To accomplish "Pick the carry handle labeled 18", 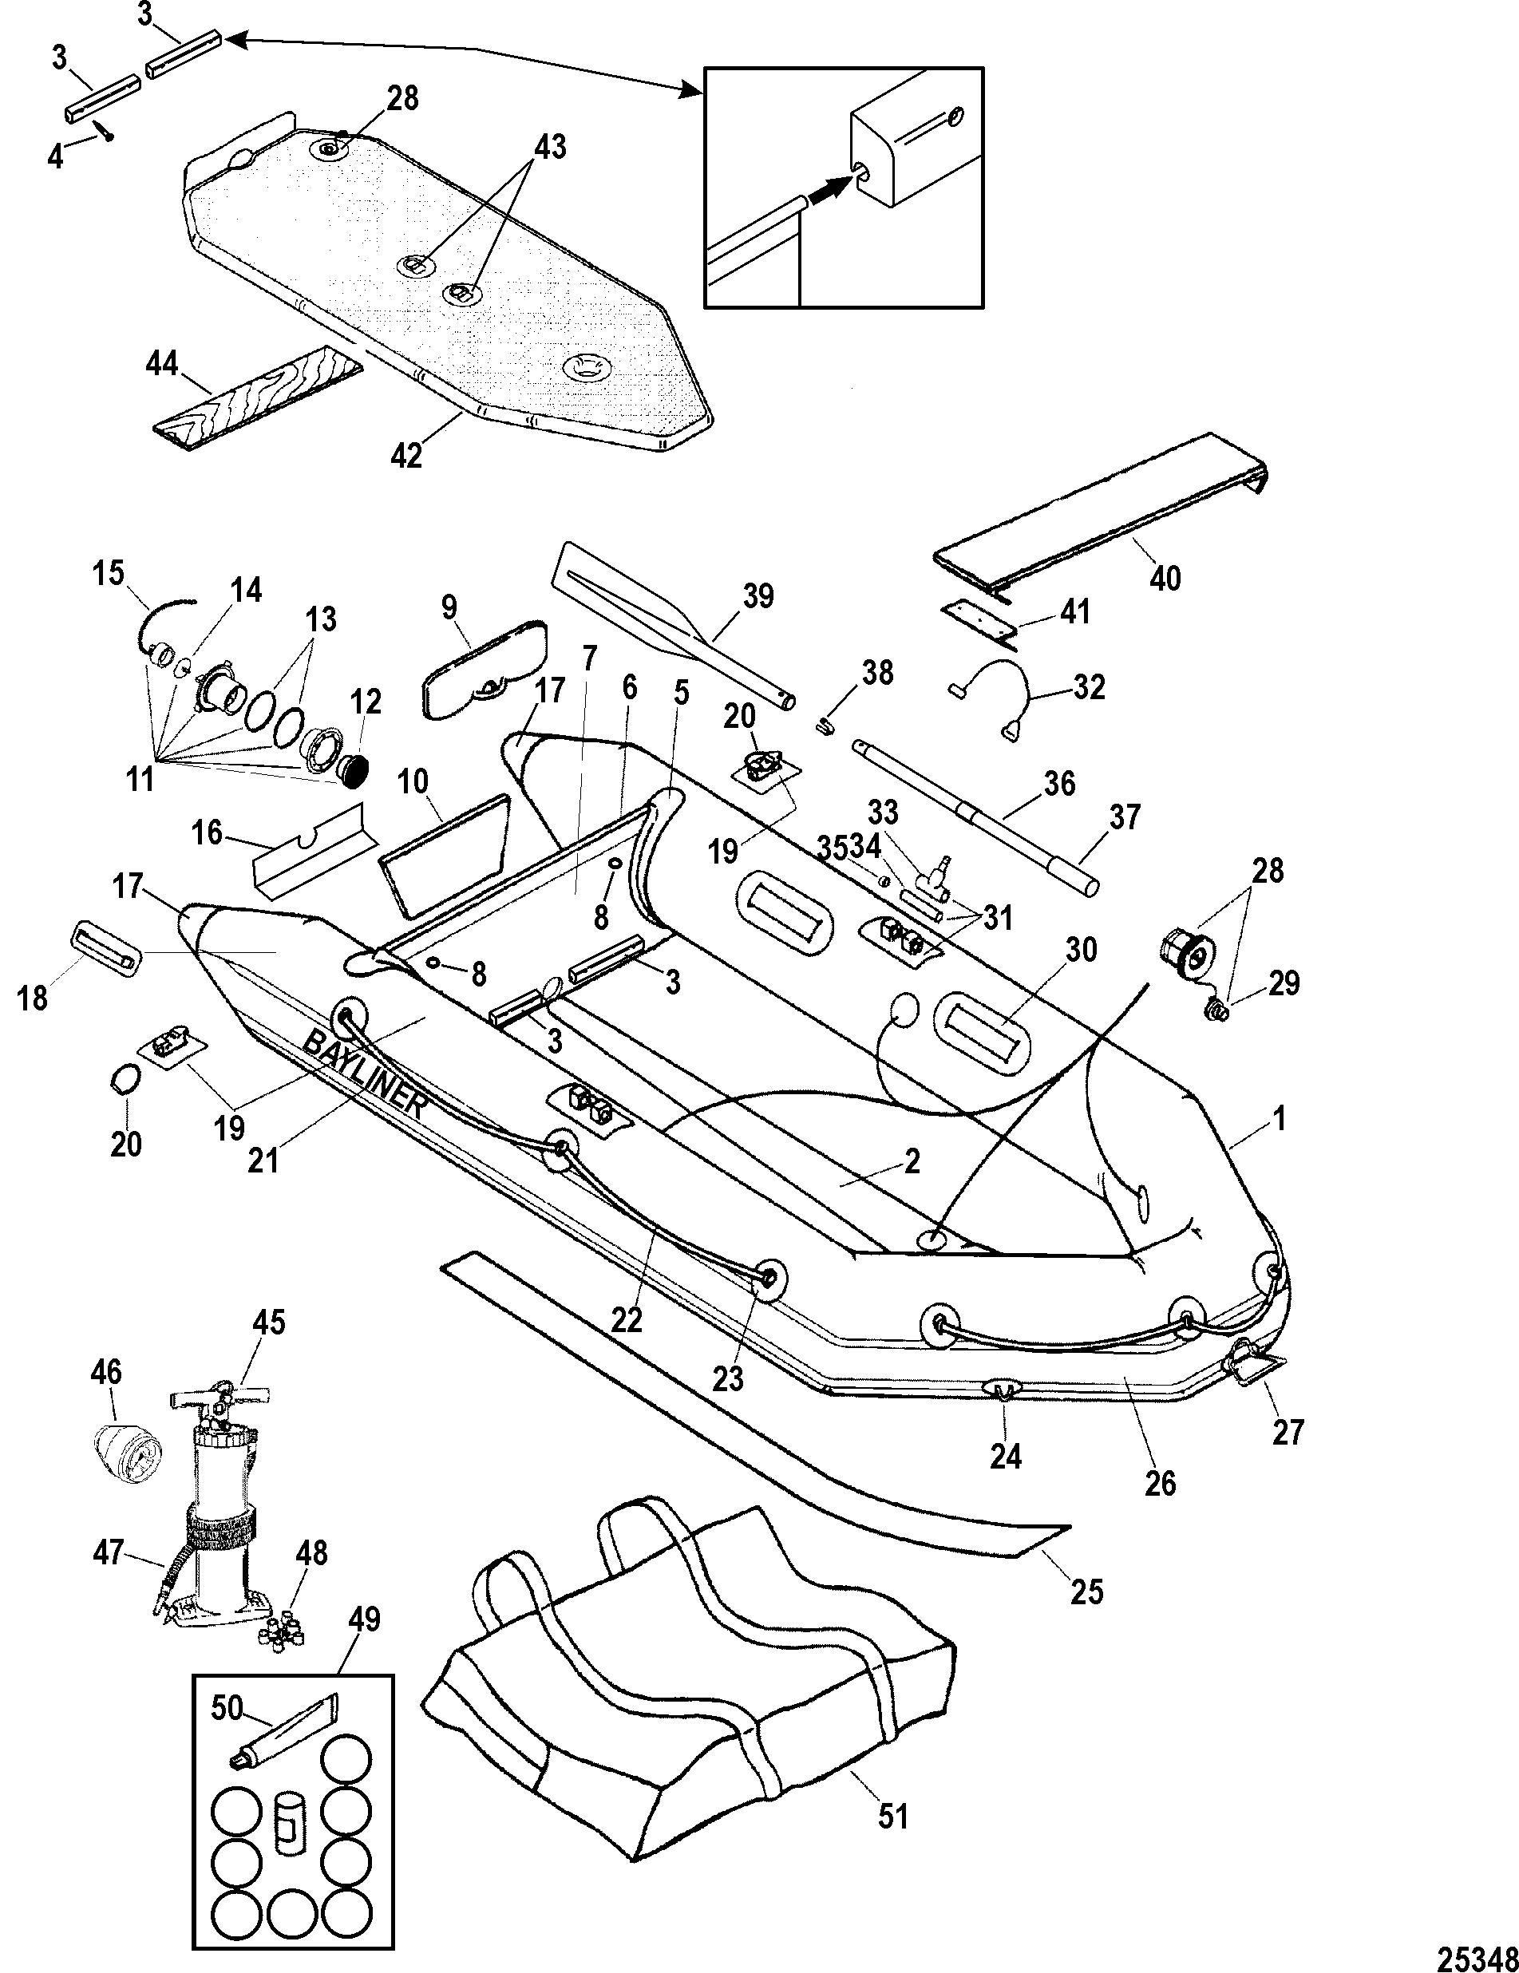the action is click(x=105, y=948).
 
